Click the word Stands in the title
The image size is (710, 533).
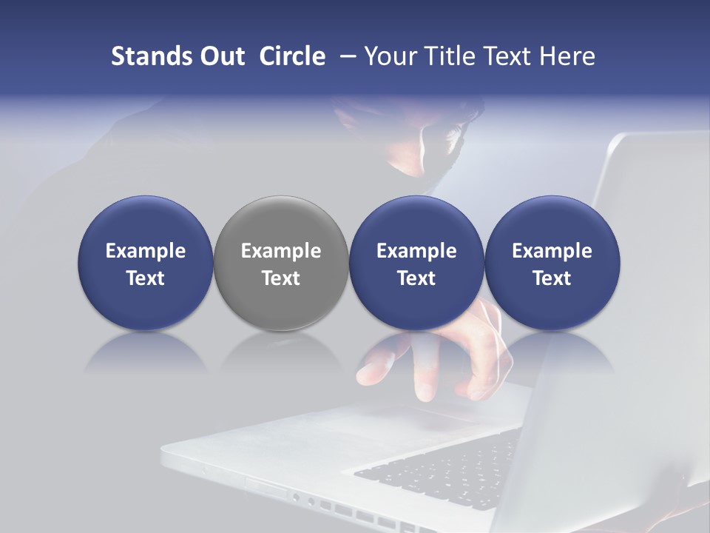click(150, 56)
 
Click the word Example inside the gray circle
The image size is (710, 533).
click(281, 251)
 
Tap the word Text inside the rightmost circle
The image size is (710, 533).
click(552, 278)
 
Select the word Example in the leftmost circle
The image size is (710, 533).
click(146, 251)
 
